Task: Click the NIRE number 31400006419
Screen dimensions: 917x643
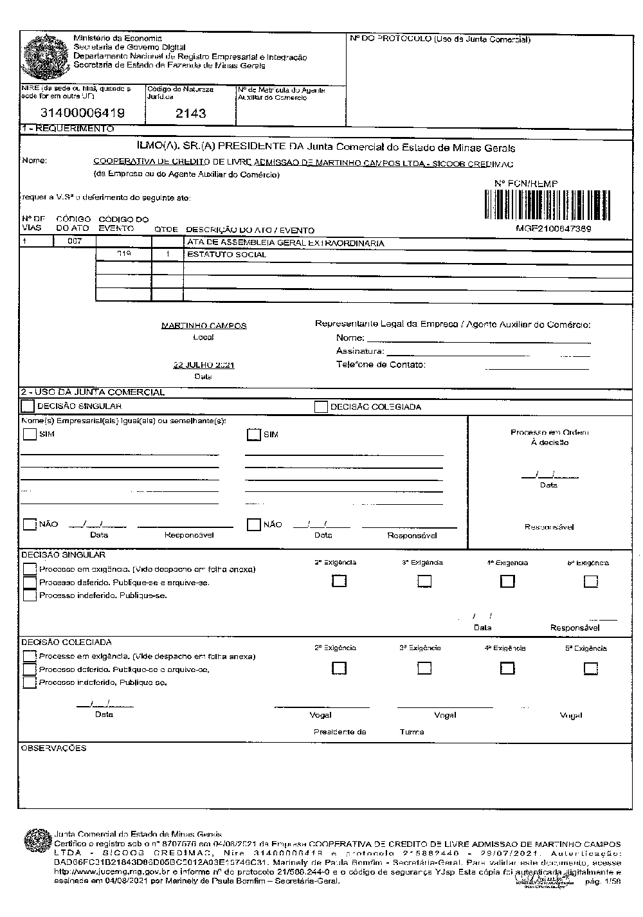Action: point(82,113)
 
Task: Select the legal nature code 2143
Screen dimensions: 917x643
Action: point(191,113)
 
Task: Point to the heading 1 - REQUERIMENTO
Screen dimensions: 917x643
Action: point(68,129)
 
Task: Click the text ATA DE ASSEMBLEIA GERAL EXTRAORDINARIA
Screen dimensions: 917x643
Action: point(285,243)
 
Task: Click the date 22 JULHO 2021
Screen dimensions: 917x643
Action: point(204,365)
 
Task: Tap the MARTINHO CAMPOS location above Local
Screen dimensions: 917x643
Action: point(203,326)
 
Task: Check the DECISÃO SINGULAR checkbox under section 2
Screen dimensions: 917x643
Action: point(28,406)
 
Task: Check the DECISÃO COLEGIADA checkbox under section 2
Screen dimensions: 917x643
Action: point(321,407)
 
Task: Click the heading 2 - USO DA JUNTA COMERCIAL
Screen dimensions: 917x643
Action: point(93,392)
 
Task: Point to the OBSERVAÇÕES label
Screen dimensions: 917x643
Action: point(54,749)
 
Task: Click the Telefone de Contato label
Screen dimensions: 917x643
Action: point(381,365)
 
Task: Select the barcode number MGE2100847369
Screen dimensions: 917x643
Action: point(553,228)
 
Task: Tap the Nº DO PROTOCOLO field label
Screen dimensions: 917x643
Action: point(440,40)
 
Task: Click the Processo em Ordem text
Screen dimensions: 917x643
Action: point(549,433)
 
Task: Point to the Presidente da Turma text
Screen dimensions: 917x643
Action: point(369,732)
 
